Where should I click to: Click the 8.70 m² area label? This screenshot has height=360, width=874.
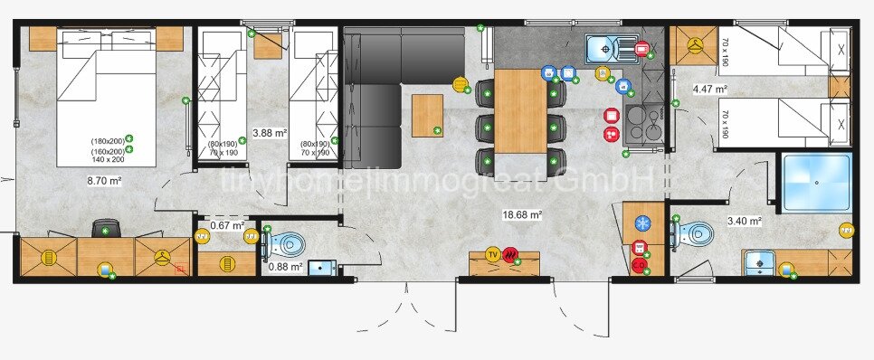(104, 180)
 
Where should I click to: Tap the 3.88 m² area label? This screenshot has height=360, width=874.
(269, 132)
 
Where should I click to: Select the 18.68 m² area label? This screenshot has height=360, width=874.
(522, 215)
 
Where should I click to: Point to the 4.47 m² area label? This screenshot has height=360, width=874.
(710, 89)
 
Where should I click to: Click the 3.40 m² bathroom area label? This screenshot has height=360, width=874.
(744, 220)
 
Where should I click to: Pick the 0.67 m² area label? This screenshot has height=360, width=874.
(227, 225)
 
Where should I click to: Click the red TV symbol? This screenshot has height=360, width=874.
(493, 254)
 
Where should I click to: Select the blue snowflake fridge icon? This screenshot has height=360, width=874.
(641, 223)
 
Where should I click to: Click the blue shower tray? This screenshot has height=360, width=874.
(817, 184)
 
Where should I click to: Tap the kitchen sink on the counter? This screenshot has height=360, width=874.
(602, 47)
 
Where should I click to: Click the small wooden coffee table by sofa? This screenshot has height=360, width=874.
(427, 115)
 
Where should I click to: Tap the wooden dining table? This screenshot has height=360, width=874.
(521, 111)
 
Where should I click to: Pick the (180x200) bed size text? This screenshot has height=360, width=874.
(107, 141)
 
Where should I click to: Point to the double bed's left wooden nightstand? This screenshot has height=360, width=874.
(43, 38)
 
